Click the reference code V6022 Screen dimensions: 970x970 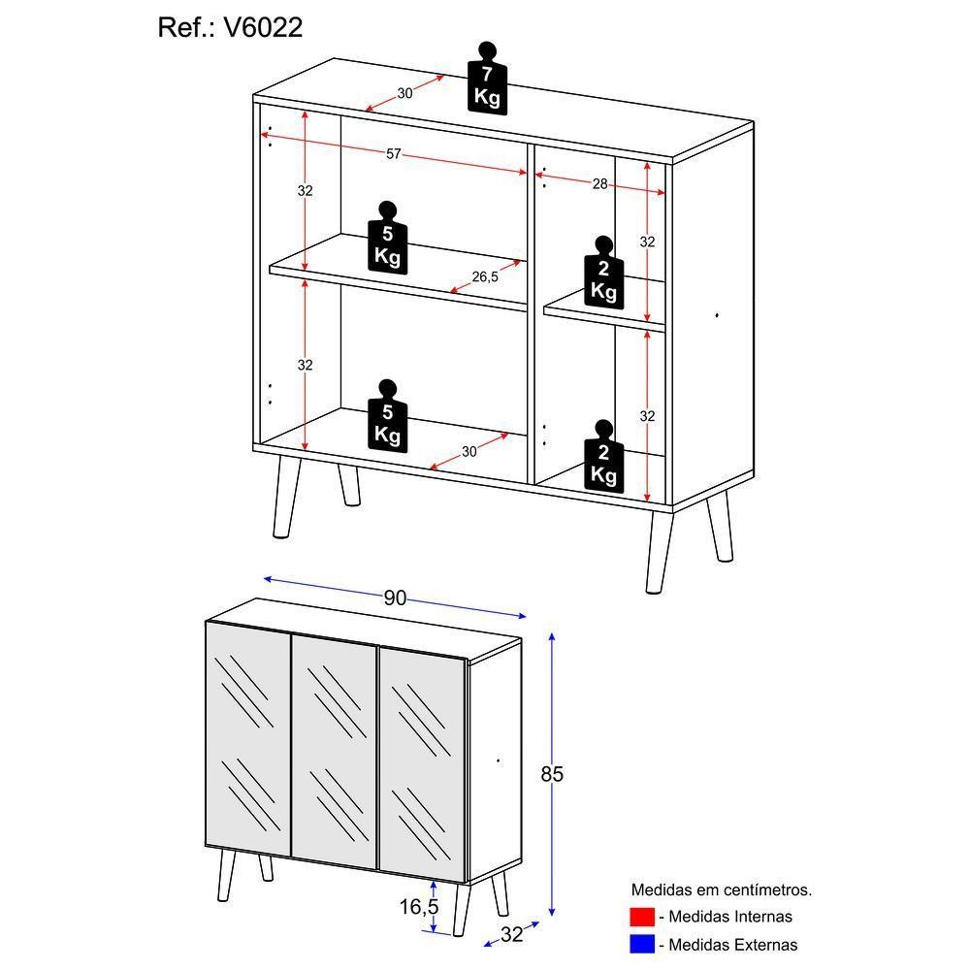pyautogui.click(x=263, y=28)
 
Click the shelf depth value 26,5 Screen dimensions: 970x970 pyautogui.click(x=485, y=277)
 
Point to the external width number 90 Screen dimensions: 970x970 pyautogui.click(x=394, y=598)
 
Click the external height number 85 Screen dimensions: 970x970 pyautogui.click(x=551, y=774)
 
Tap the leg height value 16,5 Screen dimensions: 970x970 pyautogui.click(x=417, y=906)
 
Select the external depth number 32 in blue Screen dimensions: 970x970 pyautogui.click(x=511, y=935)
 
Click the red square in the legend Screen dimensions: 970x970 pyautogui.click(x=642, y=917)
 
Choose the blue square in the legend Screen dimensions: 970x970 pyautogui.click(x=642, y=944)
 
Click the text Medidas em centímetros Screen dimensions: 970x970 pyautogui.click(x=721, y=889)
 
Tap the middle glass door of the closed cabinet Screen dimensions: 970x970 pyautogui.click(x=334, y=751)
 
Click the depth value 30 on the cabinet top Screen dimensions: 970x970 pyautogui.click(x=404, y=93)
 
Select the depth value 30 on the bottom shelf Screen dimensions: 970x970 pyautogui.click(x=469, y=451)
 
